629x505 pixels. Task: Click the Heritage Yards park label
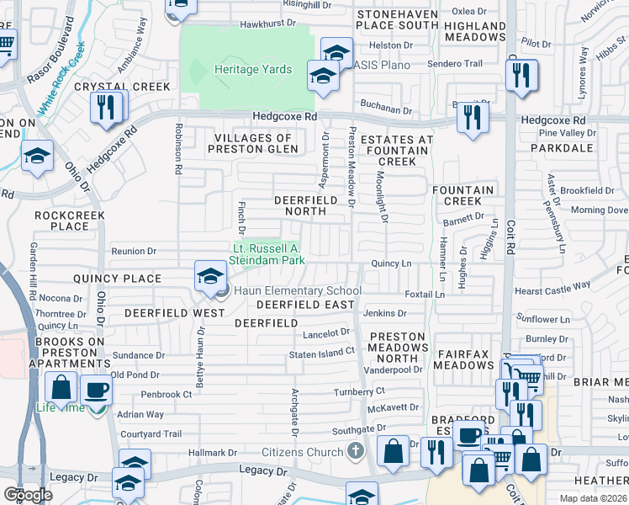coord(253,70)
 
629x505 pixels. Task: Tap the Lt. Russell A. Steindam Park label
coord(267,255)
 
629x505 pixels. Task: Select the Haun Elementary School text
coord(298,291)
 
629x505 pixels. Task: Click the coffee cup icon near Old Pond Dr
coord(98,390)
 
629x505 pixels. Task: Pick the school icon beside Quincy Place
coord(209,275)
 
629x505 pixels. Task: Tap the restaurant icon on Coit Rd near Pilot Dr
coord(521,74)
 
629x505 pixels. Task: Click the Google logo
coord(28,494)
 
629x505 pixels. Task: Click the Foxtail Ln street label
coord(424,295)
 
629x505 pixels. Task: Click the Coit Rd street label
coord(510,232)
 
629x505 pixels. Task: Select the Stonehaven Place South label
coord(398,20)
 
